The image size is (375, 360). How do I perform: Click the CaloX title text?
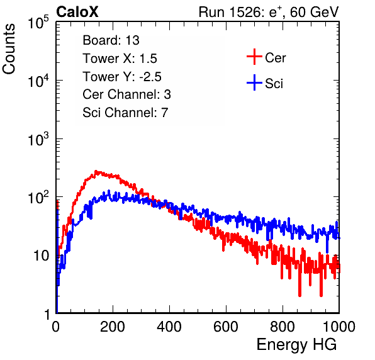(x=77, y=12)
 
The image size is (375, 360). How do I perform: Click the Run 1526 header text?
(x=269, y=12)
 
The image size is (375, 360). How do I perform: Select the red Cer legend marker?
(x=254, y=57)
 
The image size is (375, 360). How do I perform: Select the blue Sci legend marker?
(x=254, y=82)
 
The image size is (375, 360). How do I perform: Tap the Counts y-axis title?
(x=9, y=49)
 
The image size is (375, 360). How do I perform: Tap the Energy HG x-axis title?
(x=296, y=345)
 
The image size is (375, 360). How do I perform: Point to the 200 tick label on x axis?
(x=113, y=327)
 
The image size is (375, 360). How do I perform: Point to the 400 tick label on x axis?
(x=169, y=327)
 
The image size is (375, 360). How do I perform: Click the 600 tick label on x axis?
(x=226, y=327)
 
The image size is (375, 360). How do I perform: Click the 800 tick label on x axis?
(x=283, y=327)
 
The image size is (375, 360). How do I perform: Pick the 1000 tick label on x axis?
(x=339, y=327)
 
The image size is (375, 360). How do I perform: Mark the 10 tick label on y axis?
(x=42, y=256)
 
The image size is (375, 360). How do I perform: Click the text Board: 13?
(x=111, y=40)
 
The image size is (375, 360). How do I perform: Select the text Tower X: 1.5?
(x=120, y=59)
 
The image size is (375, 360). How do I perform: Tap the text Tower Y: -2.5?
(x=122, y=77)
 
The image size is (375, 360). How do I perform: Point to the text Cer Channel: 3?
(x=126, y=94)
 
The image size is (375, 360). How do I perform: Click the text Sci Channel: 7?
(x=125, y=113)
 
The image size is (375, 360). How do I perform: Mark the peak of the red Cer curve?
(x=96, y=171)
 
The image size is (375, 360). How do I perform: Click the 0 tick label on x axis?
(x=55, y=327)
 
